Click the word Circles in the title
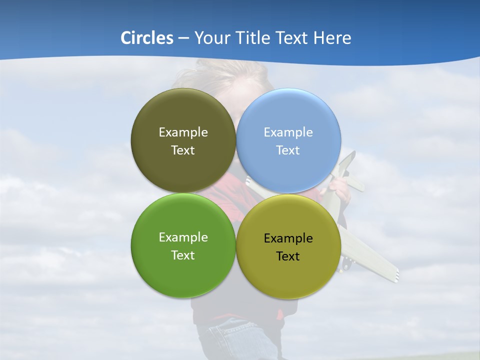147,38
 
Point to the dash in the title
183,38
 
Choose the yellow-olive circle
288,275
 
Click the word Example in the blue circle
288,132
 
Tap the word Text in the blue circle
288,150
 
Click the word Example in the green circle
183,237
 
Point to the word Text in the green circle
183,255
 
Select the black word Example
288,238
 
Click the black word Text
288,256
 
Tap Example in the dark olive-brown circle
183,132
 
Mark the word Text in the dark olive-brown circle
183,150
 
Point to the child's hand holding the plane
341,188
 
